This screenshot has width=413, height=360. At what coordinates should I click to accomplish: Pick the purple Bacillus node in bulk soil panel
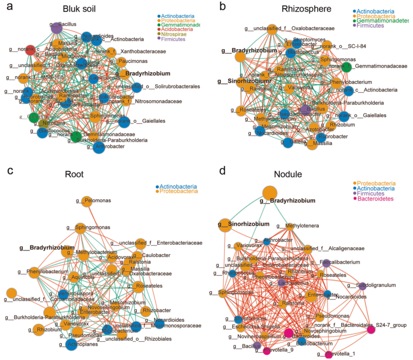point(57,28)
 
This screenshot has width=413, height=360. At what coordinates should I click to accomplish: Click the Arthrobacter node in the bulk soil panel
point(100,147)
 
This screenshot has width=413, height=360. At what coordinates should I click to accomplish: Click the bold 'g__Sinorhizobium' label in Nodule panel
point(247,224)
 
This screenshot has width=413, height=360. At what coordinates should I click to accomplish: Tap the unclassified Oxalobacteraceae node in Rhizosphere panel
point(272,29)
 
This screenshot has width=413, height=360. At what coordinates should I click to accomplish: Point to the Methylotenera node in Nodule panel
point(291,226)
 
